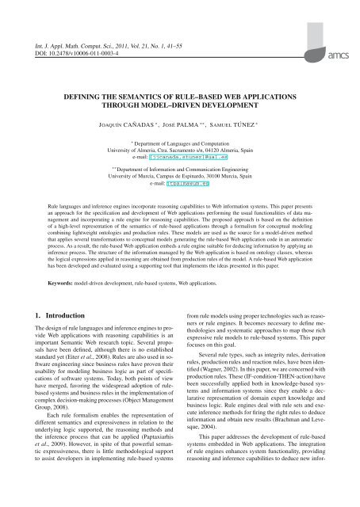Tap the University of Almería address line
[x=179, y=151]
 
